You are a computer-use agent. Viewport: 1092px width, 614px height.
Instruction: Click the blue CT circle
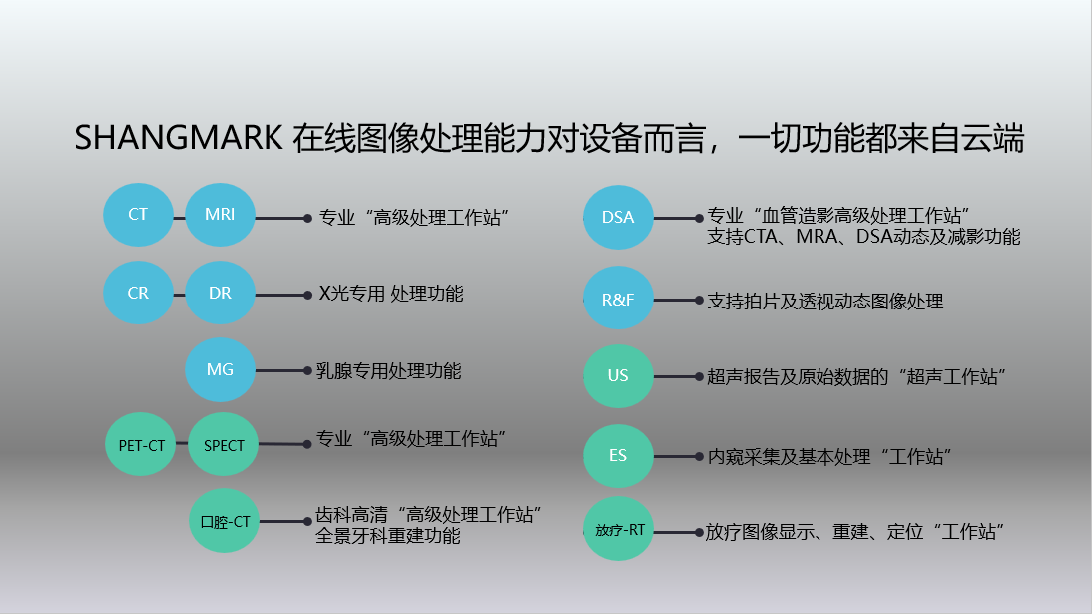138,215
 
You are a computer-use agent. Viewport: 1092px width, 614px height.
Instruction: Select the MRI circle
220,215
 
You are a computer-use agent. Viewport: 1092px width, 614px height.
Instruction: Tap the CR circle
138,293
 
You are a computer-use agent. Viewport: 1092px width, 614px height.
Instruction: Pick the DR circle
220,293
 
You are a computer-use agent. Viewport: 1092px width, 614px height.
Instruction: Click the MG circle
220,370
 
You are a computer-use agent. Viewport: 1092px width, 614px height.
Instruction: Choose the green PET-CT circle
141,444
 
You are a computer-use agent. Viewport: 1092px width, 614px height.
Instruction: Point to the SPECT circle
224,444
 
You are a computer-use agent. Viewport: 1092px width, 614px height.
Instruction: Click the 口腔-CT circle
225,521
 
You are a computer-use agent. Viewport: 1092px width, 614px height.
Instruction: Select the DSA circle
619,218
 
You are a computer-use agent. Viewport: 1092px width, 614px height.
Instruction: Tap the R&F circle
619,299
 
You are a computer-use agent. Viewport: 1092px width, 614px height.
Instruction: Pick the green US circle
619,376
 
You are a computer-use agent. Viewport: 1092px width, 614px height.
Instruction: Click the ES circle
619,456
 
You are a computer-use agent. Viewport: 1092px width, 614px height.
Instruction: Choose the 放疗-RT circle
619,530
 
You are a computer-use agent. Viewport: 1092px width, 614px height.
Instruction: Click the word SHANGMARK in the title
179,138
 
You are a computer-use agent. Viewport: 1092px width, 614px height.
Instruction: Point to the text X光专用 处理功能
391,294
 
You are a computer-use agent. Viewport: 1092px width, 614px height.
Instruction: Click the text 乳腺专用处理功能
388,370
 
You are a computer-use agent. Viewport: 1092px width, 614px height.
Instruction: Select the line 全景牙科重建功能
388,536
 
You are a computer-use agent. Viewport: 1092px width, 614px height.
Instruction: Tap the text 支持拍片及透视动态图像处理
825,302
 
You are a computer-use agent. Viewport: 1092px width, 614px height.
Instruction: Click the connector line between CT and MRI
179,218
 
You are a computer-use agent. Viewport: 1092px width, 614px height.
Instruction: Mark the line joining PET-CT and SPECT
182,443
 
